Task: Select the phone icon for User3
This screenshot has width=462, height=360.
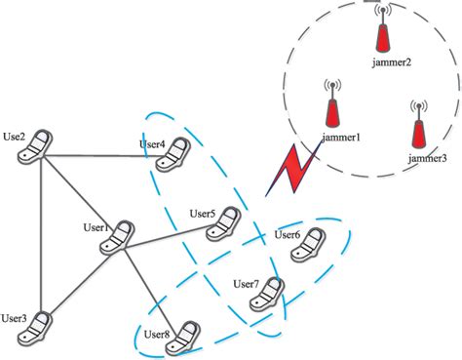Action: pyautogui.click(x=39, y=326)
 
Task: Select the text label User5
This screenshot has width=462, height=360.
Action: pyautogui.click(x=203, y=214)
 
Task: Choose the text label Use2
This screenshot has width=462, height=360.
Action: pyautogui.click(x=16, y=134)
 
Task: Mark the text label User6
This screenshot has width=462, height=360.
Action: pyautogui.click(x=288, y=234)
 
